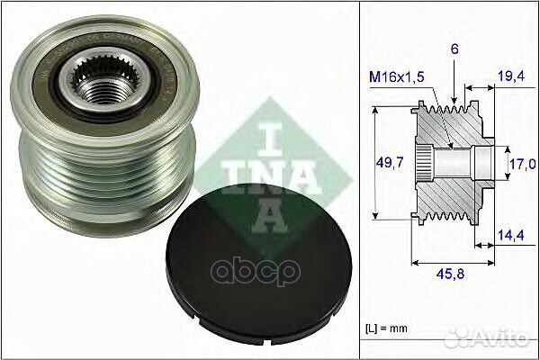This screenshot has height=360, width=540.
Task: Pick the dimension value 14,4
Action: click(x=511, y=235)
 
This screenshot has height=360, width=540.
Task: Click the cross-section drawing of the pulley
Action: click(x=450, y=162)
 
